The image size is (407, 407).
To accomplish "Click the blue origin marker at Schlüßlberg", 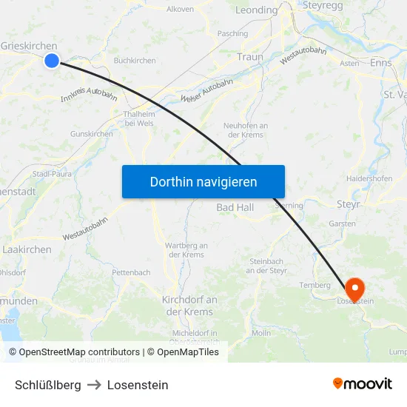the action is click(51, 60).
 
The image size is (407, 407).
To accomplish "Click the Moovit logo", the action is click(363, 384).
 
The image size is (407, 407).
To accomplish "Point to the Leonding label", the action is click(256, 10).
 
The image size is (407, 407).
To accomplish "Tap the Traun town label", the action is click(250, 57).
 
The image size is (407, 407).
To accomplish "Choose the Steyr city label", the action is click(348, 203).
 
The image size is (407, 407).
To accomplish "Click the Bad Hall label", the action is click(235, 207).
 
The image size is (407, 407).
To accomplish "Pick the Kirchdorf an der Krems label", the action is click(189, 305).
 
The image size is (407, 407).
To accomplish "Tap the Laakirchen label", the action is click(27, 250).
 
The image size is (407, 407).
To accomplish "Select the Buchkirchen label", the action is click(134, 61).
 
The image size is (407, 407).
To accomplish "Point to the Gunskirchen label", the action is click(91, 134).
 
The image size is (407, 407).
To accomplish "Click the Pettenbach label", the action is click(131, 272).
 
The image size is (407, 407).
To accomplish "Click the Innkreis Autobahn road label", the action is click(89, 95).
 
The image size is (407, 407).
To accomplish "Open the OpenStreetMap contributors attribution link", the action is click(79, 352).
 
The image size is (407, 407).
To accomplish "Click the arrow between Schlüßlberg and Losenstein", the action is click(94, 385).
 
